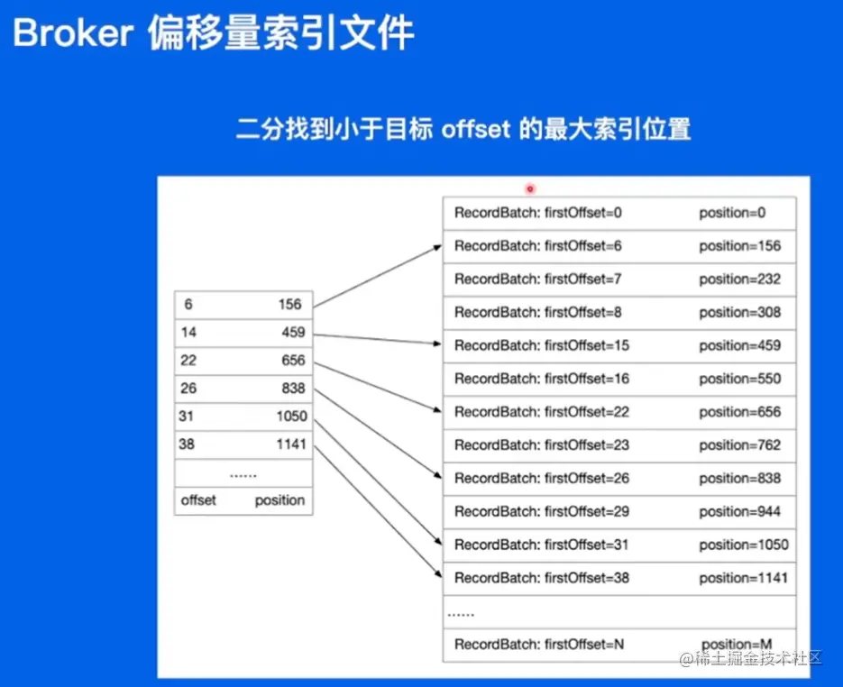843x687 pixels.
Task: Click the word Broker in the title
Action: click(x=72, y=33)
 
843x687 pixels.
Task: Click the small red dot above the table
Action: click(x=530, y=188)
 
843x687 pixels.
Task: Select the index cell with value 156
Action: click(x=289, y=305)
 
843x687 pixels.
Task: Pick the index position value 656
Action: click(x=292, y=361)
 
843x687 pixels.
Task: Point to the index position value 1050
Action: click(x=291, y=417)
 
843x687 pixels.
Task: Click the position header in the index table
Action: click(x=279, y=500)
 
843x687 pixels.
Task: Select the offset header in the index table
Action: click(x=198, y=500)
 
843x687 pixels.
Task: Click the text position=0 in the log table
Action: click(x=732, y=213)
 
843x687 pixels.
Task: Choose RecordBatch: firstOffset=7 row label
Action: click(x=538, y=279)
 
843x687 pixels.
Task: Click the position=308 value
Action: click(x=739, y=313)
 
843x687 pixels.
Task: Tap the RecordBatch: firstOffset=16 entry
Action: click(x=542, y=379)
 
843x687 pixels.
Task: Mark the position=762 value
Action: click(x=739, y=445)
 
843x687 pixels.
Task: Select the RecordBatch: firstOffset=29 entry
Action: click(x=542, y=511)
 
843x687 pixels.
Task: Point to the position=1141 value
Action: click(x=743, y=578)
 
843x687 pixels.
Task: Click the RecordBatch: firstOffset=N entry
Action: click(x=539, y=645)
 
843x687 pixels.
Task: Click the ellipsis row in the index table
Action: click(x=243, y=473)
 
